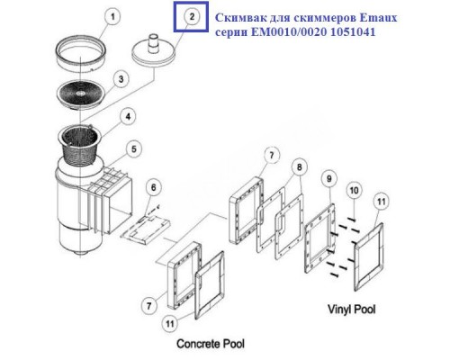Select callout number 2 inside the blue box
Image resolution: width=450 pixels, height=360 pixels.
(x=189, y=15)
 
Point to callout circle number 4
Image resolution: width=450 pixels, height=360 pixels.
(x=129, y=116)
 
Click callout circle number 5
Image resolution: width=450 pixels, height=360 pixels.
(x=134, y=148)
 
